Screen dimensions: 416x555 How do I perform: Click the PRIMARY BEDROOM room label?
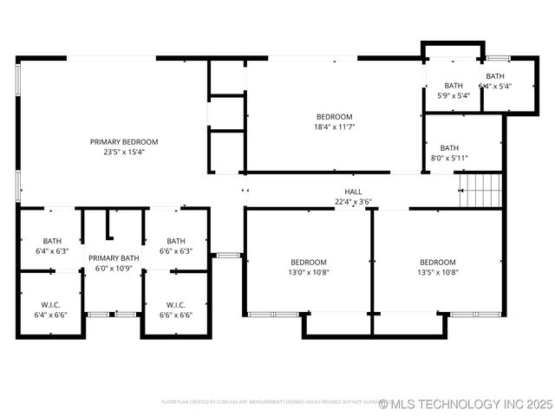point(124,141)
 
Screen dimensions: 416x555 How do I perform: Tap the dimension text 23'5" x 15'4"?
point(124,152)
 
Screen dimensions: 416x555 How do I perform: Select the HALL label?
point(353,192)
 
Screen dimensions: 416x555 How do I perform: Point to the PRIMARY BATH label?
point(114,258)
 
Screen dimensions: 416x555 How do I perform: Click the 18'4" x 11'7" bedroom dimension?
point(334,127)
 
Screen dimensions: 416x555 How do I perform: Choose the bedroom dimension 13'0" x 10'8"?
point(308,272)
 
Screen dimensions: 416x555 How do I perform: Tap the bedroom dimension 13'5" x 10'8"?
point(438,272)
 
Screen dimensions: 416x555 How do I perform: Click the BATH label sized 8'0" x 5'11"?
point(449,148)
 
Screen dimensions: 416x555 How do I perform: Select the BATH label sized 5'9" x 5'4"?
point(454,86)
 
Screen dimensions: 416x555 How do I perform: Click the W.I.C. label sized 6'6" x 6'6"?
point(176,304)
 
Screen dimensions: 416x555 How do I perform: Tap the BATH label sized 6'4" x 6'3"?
point(51,241)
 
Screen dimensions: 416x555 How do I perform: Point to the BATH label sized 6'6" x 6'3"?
point(176,241)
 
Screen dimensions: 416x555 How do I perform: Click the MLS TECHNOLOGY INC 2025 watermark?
point(465,404)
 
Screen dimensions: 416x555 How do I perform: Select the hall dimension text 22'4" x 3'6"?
point(353,201)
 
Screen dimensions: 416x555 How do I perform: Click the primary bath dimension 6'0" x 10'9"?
point(114,269)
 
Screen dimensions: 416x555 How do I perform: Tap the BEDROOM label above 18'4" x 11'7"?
point(334,117)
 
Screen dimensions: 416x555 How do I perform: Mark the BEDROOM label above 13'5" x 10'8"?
point(438,263)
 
